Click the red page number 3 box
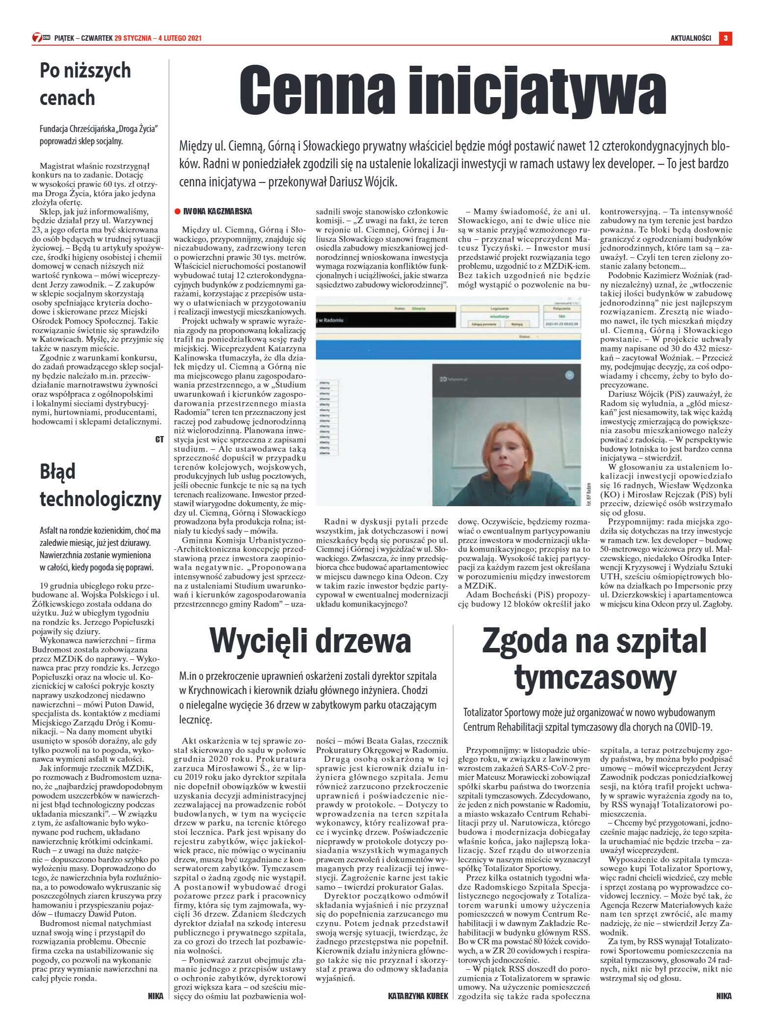click(725, 38)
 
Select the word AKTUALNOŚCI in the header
click(690, 38)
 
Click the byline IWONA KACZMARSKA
click(217, 212)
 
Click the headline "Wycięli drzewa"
click(310, 641)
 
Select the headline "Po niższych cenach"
click(85, 84)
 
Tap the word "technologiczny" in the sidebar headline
click(101, 499)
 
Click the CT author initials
click(159, 439)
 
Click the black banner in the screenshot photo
click(384, 320)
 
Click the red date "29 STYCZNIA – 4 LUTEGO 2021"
click(158, 38)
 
